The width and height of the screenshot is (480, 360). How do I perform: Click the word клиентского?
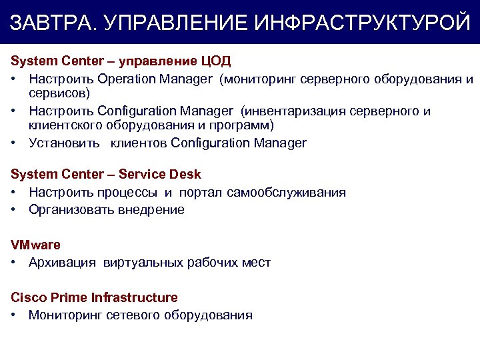(64, 125)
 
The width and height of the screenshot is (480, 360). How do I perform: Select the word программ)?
(242, 125)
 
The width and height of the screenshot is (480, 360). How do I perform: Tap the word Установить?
(64, 143)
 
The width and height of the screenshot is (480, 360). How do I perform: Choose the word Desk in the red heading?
(185, 175)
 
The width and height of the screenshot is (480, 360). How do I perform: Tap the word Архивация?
(63, 263)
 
